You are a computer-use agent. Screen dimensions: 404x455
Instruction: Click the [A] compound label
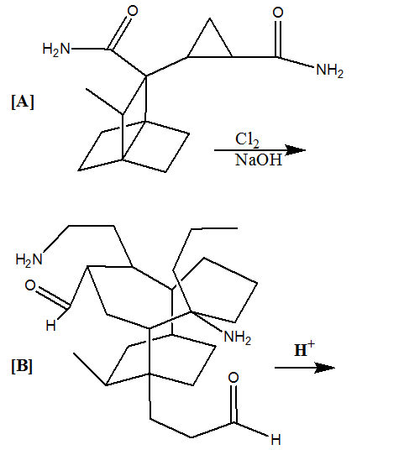tap(23, 102)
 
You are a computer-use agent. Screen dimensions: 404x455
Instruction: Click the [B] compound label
tap(22, 366)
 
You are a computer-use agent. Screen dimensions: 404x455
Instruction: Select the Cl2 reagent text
tap(247, 140)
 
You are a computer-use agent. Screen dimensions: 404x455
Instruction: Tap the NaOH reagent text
tap(259, 160)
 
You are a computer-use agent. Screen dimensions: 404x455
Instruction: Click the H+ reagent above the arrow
tap(304, 349)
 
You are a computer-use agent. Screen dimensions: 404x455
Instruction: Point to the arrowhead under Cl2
tap(296, 149)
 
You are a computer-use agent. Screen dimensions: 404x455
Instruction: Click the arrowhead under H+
tap(326, 368)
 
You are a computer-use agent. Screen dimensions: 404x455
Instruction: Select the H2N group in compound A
tap(56, 49)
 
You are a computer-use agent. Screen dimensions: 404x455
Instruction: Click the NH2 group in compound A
tap(329, 71)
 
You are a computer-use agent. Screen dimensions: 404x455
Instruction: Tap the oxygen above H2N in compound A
tap(133, 11)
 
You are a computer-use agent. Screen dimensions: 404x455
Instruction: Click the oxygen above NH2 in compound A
tap(278, 13)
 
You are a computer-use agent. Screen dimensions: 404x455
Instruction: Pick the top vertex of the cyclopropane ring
tap(209, 18)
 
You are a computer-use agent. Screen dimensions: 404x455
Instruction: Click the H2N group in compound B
tap(29, 259)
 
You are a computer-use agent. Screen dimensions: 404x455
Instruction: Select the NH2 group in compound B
tap(238, 337)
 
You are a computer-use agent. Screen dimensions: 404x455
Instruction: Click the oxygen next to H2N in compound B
tap(30, 285)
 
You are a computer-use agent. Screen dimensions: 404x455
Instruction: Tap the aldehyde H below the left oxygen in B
tap(50, 326)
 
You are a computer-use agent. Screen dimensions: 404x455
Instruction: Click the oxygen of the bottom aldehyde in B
tap(233, 378)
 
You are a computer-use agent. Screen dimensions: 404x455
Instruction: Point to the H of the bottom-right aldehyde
tap(275, 440)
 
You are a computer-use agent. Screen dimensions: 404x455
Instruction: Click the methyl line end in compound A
tap(87, 89)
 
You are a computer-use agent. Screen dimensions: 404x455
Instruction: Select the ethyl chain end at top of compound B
tap(237, 228)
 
